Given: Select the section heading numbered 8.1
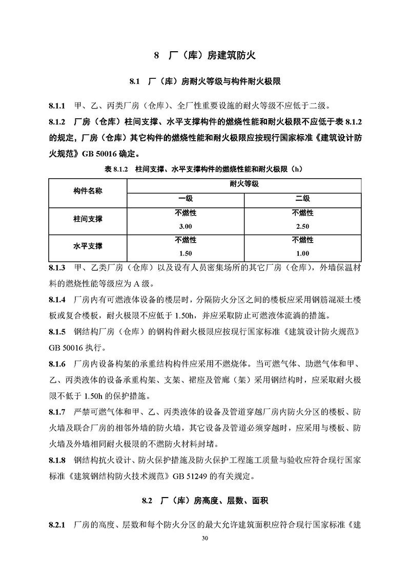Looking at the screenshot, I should click(204, 81).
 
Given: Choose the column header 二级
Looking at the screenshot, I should click(302, 199).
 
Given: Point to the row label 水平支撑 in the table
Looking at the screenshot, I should click(88, 246).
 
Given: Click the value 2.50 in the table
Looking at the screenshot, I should click(302, 226).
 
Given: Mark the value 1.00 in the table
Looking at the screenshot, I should click(302, 253).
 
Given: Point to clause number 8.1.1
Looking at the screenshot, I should click(56, 106).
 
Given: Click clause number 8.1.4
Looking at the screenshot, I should click(56, 301).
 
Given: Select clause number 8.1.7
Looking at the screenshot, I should click(56, 412).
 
